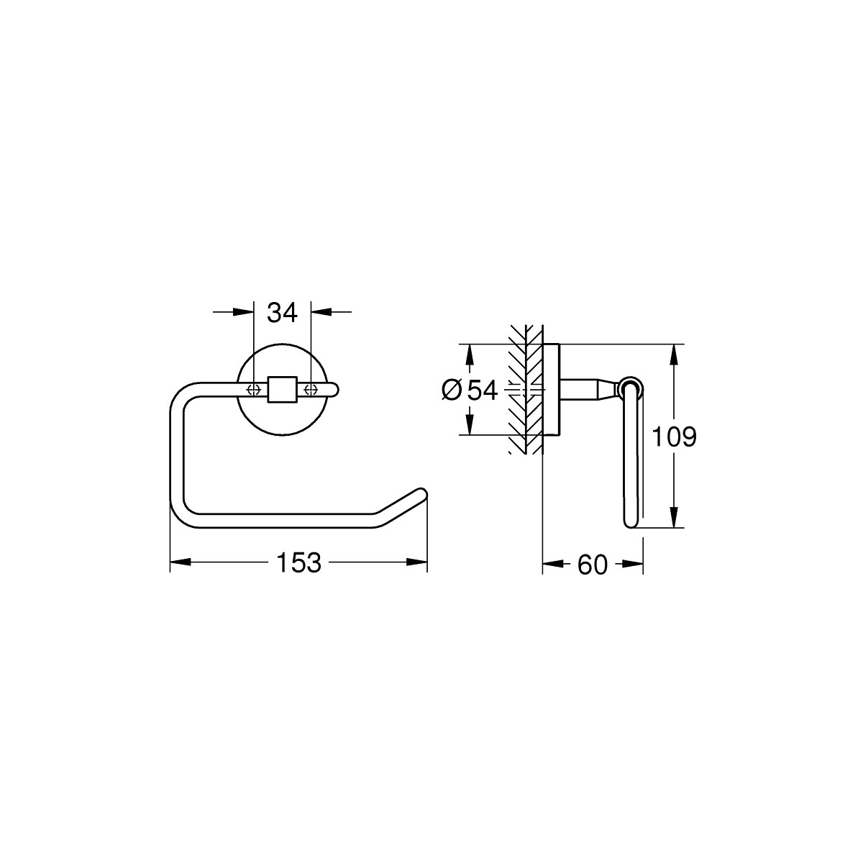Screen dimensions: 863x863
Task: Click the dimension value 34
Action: point(282,313)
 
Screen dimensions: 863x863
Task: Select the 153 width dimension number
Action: point(298,562)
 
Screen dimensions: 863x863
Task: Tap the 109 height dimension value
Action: point(674,437)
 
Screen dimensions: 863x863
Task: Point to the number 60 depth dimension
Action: point(593,565)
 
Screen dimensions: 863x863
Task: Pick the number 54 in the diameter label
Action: point(483,390)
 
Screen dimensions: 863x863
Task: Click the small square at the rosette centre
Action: point(282,389)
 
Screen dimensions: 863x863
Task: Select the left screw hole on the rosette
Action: point(253,389)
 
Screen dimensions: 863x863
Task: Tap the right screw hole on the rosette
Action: point(311,389)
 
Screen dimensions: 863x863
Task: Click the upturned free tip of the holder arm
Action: point(421,493)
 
